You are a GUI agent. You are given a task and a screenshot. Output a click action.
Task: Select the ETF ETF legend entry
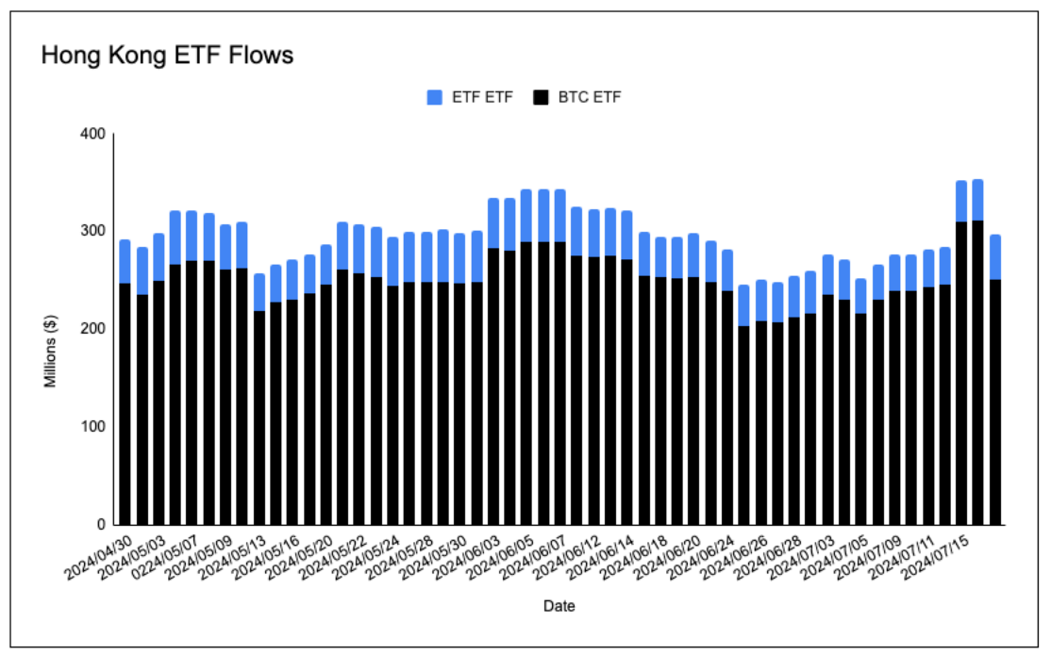[470, 97]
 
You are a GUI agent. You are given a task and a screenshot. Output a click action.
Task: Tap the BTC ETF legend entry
[576, 97]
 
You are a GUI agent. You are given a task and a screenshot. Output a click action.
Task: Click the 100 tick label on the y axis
[91, 427]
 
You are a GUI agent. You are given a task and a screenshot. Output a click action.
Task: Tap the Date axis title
[559, 606]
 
